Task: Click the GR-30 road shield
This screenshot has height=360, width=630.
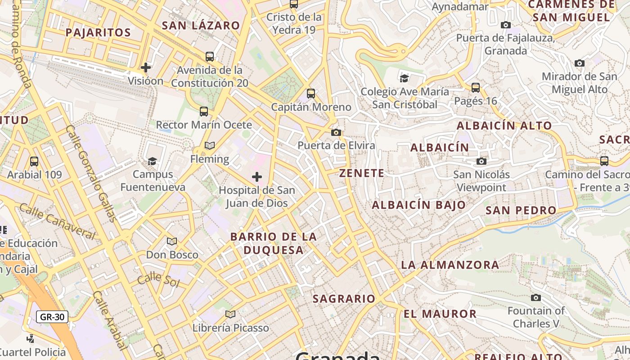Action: coord(52,317)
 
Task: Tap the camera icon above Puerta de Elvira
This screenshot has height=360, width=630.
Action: coord(336,132)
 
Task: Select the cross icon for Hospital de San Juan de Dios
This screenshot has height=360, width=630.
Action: coord(257,177)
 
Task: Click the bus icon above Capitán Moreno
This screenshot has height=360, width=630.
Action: coord(311,94)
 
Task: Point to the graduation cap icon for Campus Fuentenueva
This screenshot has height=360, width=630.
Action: coord(153,161)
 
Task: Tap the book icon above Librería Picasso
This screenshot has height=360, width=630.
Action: coord(230,314)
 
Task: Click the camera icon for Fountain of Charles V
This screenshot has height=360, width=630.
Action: coord(535,297)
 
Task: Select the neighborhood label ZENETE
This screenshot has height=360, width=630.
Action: coord(362,173)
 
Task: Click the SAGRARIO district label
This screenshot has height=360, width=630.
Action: coord(344,299)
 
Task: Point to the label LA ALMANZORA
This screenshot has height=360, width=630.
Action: coord(450,265)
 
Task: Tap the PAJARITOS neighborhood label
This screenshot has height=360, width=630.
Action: coord(98,32)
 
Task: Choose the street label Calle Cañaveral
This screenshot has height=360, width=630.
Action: coord(57,221)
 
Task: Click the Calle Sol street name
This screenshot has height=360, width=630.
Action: coord(158,279)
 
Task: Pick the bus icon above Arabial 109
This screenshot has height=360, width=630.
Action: coord(34,162)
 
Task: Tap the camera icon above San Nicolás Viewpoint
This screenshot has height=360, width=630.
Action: coord(481,161)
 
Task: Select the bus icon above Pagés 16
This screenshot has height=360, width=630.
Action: coord(476,87)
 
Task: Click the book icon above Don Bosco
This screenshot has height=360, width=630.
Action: coord(172,242)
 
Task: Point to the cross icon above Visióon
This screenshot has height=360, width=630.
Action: coord(146,67)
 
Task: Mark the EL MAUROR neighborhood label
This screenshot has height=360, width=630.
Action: coord(440,314)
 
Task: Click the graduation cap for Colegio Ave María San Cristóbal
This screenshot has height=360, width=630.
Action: coord(405,78)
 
